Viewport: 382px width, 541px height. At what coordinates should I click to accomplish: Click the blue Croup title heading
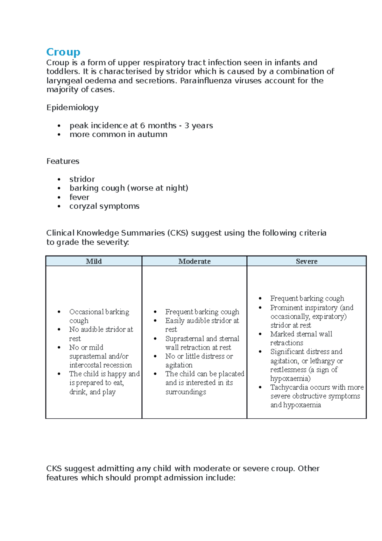(x=63, y=52)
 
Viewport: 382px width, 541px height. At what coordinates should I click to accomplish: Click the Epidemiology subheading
(x=72, y=107)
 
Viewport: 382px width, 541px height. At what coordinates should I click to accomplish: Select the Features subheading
(x=63, y=161)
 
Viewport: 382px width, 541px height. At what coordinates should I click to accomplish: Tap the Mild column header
(x=94, y=261)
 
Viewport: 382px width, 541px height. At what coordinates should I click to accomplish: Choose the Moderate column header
(x=194, y=261)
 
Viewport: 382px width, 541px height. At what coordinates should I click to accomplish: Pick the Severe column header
(x=306, y=261)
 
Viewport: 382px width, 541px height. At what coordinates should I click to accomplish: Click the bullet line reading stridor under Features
(x=82, y=179)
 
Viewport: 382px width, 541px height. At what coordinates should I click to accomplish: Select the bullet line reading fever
(x=79, y=197)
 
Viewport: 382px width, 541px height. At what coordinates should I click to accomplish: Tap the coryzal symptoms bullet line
(x=104, y=206)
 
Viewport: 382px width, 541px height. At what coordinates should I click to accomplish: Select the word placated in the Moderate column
(x=231, y=374)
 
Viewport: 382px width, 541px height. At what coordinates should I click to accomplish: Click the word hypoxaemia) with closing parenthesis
(x=290, y=379)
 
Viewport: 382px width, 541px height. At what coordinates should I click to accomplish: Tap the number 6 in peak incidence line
(x=143, y=126)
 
